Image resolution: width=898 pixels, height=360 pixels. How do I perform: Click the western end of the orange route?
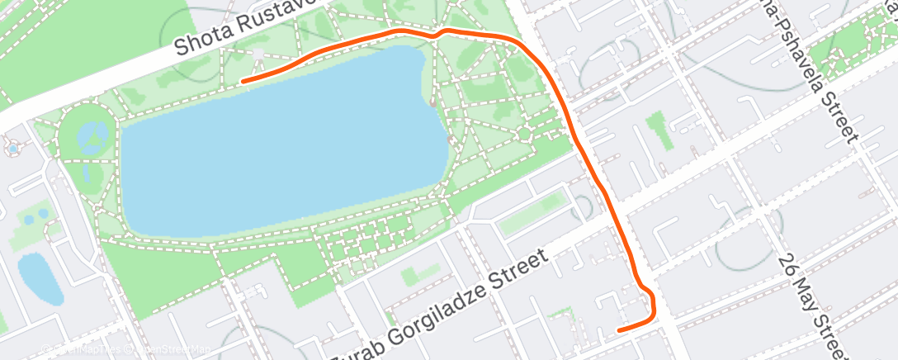coord(242,81)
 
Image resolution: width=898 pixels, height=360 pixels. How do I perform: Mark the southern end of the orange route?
coord(619,330)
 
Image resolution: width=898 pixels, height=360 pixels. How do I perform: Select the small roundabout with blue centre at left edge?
coord(13,149)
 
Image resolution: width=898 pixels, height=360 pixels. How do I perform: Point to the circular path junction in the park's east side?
coord(523,133)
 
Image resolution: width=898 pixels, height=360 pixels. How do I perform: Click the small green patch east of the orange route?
coord(657,129)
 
